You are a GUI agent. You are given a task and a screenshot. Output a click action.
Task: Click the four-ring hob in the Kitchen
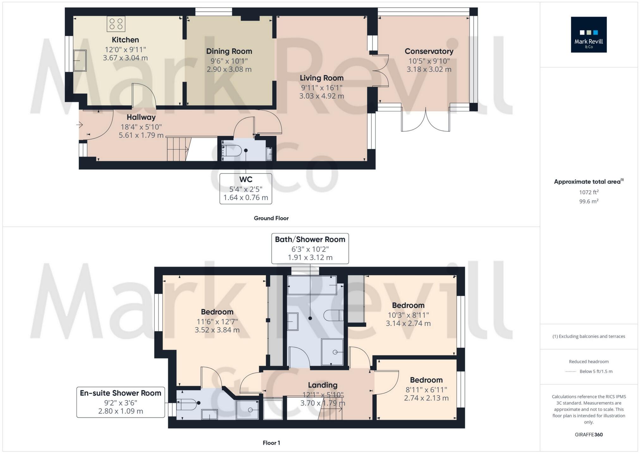pyautogui.click(x=116, y=24)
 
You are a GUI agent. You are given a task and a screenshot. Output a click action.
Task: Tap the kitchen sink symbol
pyautogui.click(x=80, y=60)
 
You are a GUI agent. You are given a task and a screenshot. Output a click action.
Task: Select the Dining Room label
pyautogui.click(x=229, y=51)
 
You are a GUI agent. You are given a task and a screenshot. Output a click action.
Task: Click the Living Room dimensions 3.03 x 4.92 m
pyautogui.click(x=322, y=96)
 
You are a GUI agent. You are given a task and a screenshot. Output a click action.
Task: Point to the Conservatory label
pyautogui.click(x=429, y=51)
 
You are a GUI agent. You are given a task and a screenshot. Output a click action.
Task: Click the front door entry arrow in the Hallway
pyautogui.click(x=79, y=125)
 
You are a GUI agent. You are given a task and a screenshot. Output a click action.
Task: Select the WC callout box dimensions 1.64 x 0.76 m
pyautogui.click(x=246, y=198)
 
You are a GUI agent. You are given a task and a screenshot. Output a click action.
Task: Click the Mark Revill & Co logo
pyautogui.click(x=588, y=35)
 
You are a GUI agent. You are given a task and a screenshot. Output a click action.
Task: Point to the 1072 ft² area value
pyautogui.click(x=588, y=192)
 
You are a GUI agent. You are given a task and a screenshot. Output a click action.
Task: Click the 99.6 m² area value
pyautogui.click(x=588, y=201)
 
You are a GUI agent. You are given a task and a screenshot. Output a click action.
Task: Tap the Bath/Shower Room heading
pyautogui.click(x=310, y=239)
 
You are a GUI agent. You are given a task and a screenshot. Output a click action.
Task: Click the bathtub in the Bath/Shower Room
pyautogui.click(x=312, y=285)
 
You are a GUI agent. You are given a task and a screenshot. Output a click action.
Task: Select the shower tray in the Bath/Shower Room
pyautogui.click(x=332, y=352)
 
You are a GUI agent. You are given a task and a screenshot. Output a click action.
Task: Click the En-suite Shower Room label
pyautogui.click(x=120, y=393)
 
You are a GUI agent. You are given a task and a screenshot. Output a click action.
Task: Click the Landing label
pyautogui.click(x=323, y=385)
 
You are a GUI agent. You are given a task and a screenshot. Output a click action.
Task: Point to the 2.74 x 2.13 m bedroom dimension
pyautogui.click(x=426, y=398)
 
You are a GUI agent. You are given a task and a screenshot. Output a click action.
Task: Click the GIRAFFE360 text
pyautogui.click(x=588, y=435)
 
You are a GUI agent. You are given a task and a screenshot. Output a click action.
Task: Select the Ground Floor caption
pyautogui.click(x=271, y=218)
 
